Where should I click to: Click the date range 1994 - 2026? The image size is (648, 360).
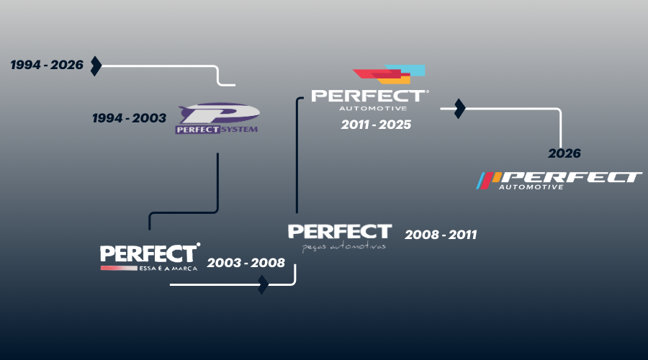coord(47,66)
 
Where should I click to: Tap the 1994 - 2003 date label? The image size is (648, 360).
coord(129,118)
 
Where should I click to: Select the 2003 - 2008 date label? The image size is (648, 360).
coord(246,264)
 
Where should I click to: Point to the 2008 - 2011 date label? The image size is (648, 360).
coord(441,235)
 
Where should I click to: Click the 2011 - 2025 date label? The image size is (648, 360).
coord(376,125)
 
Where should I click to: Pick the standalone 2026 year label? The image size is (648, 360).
coord(564,153)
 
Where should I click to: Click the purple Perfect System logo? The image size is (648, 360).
coord(217,119)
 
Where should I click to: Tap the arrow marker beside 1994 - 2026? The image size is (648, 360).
coord(96,66)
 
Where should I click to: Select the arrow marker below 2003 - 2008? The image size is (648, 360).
coord(263,284)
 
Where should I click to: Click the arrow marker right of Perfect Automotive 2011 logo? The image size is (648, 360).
coord(459,109)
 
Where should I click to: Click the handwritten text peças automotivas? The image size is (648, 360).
coord(344,246)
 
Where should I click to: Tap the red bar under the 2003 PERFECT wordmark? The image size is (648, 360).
coord(119,268)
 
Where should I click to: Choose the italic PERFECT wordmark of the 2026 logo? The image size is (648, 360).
coord(572,177)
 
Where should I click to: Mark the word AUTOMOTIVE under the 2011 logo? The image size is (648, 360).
coord(367,109)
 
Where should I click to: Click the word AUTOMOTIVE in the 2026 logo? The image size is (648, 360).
coord(531,187)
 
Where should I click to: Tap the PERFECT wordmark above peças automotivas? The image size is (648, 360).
coord(339,231)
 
